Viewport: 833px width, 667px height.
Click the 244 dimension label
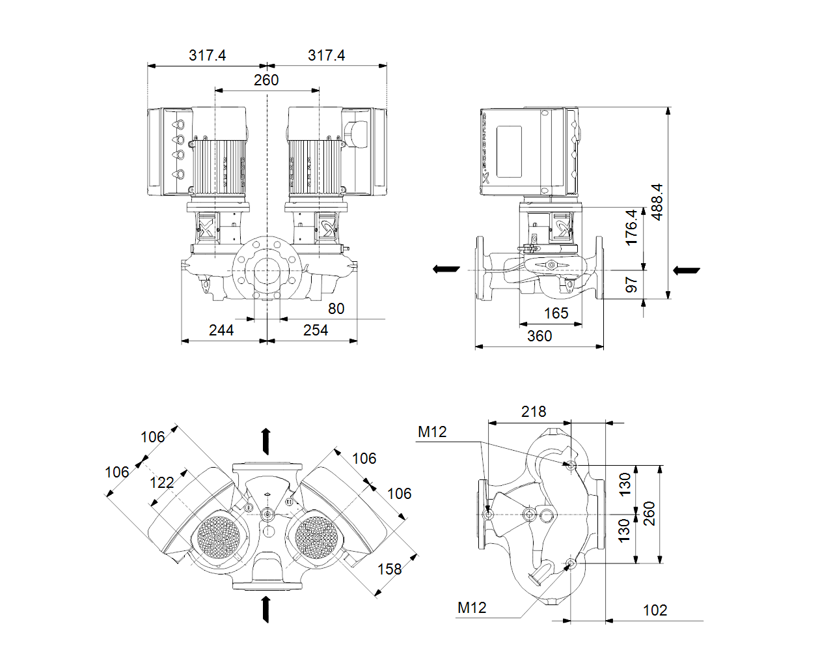click(221, 330)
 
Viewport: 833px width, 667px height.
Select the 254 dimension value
click(316, 330)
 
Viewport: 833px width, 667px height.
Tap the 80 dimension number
click(336, 309)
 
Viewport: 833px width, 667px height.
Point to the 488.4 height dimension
click(657, 202)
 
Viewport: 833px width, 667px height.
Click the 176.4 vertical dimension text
click(631, 227)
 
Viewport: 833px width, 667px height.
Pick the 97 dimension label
click(631, 285)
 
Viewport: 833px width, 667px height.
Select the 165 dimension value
click(556, 313)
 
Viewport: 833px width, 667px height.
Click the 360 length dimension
click(539, 336)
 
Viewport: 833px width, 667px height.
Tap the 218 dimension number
click(534, 412)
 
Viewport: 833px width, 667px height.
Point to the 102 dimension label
click(655, 610)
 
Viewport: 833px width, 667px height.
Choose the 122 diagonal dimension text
click(162, 483)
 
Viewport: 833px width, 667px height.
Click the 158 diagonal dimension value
click(390, 569)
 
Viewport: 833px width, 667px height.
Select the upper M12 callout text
click(432, 432)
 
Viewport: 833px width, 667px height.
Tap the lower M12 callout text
click(472, 608)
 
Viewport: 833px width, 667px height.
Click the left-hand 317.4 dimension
click(208, 55)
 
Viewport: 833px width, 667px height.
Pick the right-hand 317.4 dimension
click(327, 55)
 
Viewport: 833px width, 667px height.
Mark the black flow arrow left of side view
click(446, 269)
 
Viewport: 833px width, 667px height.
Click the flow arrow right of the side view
click(686, 270)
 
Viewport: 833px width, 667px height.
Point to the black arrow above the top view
click(266, 441)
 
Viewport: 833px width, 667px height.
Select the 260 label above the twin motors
click(266, 80)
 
